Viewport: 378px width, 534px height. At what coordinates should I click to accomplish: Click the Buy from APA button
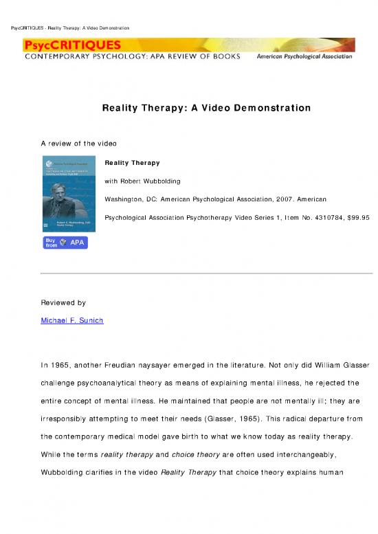coord(65,243)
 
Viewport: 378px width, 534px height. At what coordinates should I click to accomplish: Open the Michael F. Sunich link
coord(72,321)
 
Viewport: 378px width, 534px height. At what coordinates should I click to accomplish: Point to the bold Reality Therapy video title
coord(132,163)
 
